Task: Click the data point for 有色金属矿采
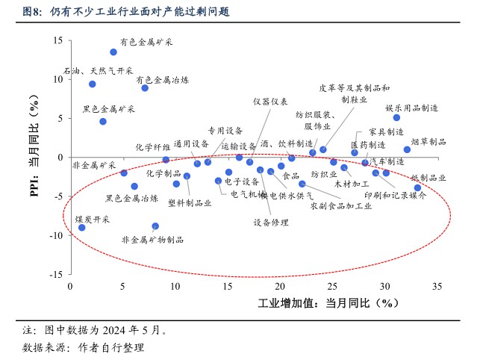113,52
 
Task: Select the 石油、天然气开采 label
98,72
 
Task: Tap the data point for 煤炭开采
82,227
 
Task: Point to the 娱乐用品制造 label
411,108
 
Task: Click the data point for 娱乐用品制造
396,117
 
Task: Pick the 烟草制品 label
429,141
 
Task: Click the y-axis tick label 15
57,40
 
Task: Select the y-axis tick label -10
54,235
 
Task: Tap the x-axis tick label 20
280,287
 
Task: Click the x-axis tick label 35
437,287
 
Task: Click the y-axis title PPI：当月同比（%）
34,158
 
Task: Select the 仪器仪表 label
269,102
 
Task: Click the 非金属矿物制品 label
152,240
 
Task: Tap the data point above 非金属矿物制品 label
155,226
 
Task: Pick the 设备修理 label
271,223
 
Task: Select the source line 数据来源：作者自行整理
83,347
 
